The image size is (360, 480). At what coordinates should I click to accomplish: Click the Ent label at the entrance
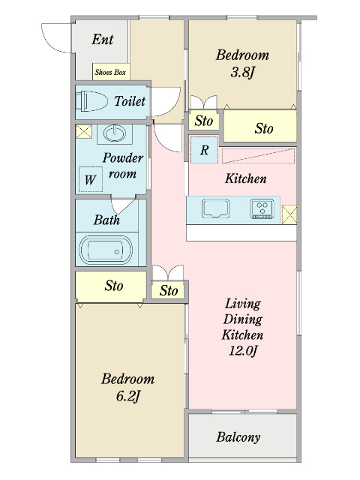[103, 39]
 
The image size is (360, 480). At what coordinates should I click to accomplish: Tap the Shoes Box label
[110, 73]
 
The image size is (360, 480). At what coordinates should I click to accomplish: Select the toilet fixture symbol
[92, 100]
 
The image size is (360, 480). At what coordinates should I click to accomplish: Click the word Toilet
[130, 100]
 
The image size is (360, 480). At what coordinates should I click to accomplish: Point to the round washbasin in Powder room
[113, 133]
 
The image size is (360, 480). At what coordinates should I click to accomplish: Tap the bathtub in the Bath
[106, 250]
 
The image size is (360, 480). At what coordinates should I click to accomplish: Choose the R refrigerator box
[204, 149]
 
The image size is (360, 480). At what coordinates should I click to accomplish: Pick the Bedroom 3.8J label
[241, 63]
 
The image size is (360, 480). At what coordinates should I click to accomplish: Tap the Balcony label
[238, 437]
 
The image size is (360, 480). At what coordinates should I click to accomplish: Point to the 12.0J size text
[244, 349]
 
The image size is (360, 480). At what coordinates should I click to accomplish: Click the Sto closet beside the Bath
[113, 286]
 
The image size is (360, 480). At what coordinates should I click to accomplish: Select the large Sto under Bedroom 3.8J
[263, 128]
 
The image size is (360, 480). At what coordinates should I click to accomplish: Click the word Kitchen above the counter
[246, 178]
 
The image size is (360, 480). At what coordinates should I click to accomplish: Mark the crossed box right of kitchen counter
[289, 213]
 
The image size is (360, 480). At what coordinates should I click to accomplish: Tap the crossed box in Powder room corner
[82, 133]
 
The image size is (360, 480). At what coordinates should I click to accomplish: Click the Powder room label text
[122, 166]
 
